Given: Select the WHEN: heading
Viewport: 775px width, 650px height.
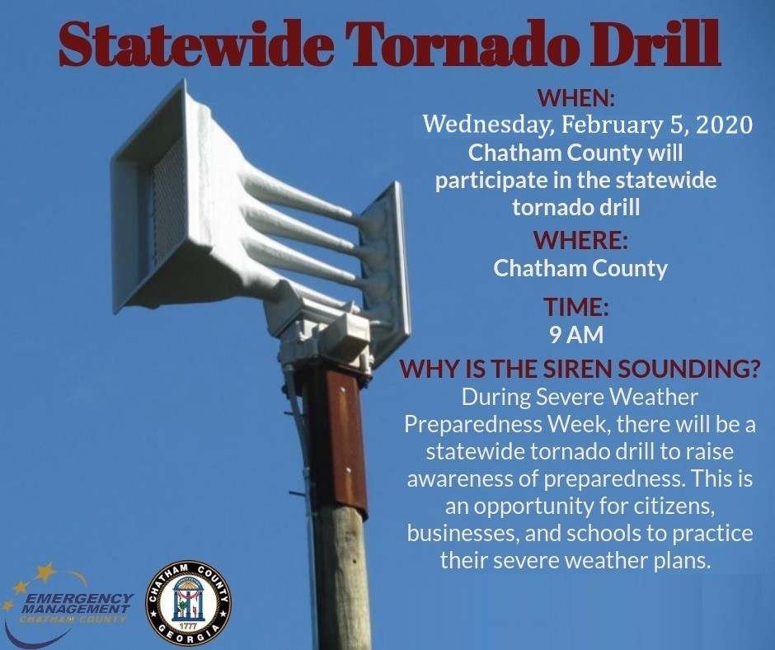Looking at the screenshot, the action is (575, 97).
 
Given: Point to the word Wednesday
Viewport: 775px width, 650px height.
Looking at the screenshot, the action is (486, 125).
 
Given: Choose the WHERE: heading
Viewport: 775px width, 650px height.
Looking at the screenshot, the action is (580, 239).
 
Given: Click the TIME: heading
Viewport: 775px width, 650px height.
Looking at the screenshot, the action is (575, 307).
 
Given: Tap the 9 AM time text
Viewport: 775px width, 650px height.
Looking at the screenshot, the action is (576, 335).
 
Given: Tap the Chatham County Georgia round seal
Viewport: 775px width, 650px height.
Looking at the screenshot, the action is (188, 604).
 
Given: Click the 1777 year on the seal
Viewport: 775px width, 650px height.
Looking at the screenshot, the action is (188, 626).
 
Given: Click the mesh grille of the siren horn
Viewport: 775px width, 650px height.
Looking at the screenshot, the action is (168, 208).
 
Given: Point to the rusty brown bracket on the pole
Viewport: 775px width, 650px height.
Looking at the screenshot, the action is (341, 440).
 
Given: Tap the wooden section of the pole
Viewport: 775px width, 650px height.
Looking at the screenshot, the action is (341, 579).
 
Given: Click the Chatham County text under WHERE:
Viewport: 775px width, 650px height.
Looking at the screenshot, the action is (580, 269).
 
